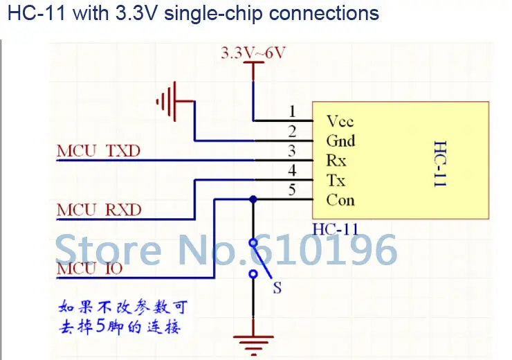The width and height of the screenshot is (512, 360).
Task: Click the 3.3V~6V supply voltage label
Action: tap(253, 53)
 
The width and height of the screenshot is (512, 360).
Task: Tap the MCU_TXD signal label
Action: tap(99, 151)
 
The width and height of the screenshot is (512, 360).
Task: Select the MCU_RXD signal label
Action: tap(99, 210)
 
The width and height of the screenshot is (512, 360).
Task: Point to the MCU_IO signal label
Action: tap(89, 269)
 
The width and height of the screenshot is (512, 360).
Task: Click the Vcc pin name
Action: tap(340, 121)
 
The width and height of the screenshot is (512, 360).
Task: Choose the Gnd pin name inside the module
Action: tap(340, 141)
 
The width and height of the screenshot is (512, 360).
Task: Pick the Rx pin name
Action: tap(336, 161)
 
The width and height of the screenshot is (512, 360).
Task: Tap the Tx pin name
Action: tap(336, 180)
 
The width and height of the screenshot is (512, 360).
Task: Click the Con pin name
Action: tap(340, 200)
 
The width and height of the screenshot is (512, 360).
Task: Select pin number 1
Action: tap(292, 111)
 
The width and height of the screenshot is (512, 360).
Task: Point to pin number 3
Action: tap(292, 151)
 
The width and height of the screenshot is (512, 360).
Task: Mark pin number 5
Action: tap(292, 190)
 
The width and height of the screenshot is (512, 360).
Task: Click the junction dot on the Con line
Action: tap(253, 199)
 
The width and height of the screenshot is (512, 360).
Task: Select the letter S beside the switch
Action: tap(277, 288)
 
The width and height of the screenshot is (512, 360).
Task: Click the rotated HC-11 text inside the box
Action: tap(440, 163)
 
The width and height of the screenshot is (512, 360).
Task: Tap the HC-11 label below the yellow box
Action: tap(336, 229)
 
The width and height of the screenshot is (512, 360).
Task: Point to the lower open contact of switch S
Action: tap(253, 273)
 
